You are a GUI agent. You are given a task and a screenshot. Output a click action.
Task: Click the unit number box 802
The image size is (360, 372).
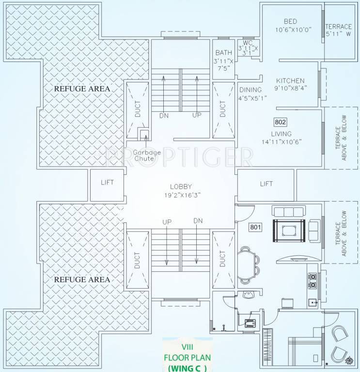(x=281, y=122)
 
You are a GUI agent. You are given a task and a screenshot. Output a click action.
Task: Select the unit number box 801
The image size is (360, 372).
(x=256, y=227)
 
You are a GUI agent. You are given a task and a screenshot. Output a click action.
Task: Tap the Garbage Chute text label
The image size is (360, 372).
(x=144, y=155)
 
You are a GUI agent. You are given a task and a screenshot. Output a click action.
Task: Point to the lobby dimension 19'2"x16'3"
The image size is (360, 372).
(x=181, y=195)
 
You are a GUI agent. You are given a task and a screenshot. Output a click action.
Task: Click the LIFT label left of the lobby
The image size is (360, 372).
(x=107, y=183)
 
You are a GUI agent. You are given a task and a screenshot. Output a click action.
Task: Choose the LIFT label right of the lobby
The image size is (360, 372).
(x=266, y=184)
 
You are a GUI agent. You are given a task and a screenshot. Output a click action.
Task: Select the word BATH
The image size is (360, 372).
(x=223, y=53)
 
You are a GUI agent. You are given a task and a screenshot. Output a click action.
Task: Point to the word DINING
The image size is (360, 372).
(x=250, y=90)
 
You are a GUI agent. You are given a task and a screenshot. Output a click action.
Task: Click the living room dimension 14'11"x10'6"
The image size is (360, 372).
(x=281, y=142)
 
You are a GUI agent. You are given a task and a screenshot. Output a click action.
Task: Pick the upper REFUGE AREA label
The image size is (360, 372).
(x=82, y=89)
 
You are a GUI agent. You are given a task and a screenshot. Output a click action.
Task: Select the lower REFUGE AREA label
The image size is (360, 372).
(x=82, y=279)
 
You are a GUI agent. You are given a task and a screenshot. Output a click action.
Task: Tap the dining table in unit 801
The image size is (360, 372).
(x=247, y=265)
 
